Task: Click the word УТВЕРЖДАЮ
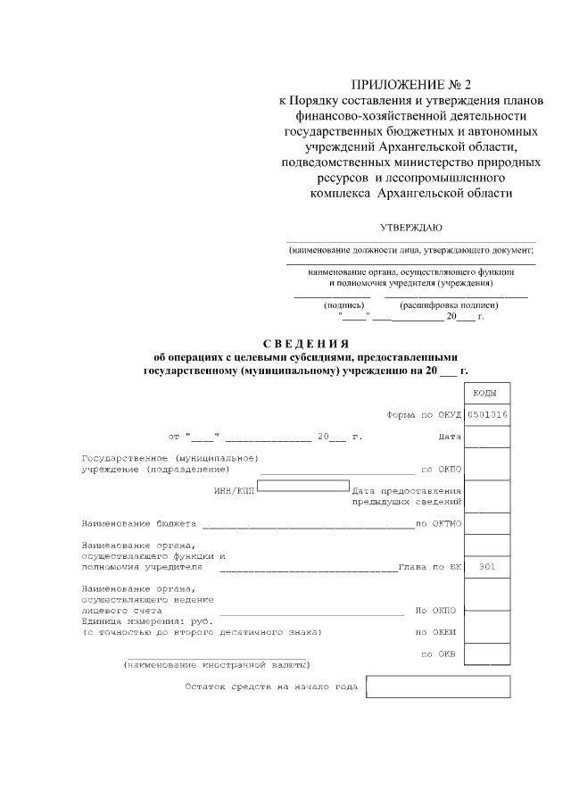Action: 411,228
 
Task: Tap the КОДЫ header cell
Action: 487,394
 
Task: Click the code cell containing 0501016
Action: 487,414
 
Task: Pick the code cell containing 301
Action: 487,567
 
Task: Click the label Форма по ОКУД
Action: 422,415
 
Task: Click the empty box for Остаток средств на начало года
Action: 438,687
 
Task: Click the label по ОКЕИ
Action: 436,631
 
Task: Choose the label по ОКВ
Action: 438,654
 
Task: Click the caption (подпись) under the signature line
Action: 342,304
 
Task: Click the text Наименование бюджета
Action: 138,523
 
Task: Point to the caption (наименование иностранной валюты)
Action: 217,665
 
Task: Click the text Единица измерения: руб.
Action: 147,621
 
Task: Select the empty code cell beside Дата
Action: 487,437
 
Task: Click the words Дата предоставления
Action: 406,490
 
